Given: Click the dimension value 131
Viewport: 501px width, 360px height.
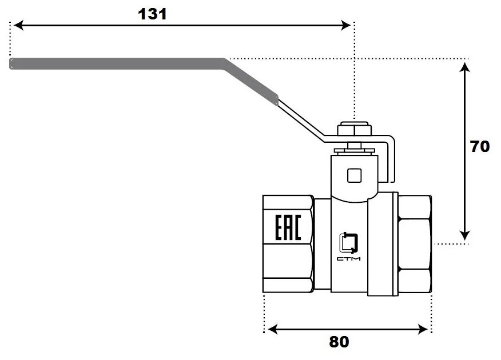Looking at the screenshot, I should click(152, 14).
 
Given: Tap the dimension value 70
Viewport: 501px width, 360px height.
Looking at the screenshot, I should click(480, 146).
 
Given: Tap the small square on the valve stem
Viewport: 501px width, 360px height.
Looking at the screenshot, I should click(355, 175).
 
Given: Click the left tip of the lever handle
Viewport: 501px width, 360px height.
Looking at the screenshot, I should click(12, 63).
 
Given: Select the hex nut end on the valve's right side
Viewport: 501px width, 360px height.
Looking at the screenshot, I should click(415, 246).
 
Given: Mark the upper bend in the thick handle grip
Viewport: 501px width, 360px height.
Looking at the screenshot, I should click(225, 62).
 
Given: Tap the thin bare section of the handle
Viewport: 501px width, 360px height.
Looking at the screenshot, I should click(300, 120).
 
